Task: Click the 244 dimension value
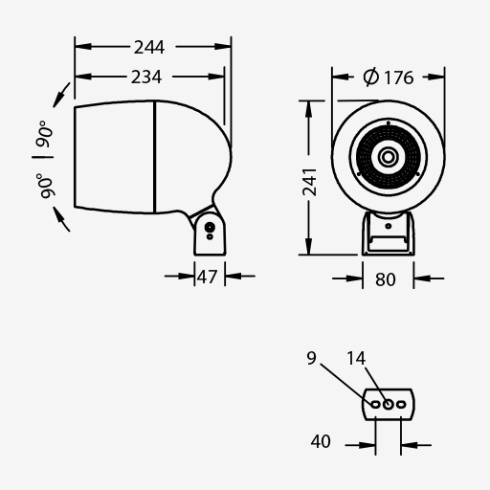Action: click(149, 48)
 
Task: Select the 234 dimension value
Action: click(146, 78)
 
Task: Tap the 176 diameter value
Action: click(399, 78)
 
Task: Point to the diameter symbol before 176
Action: click(370, 78)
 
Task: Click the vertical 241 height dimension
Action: click(309, 182)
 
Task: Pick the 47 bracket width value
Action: click(208, 277)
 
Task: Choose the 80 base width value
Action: click(386, 279)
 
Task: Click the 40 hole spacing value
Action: click(321, 442)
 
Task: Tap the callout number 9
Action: click(312, 358)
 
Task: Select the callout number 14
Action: click(356, 358)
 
